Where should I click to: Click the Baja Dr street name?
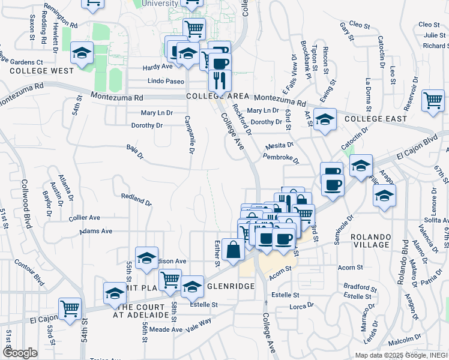coord(135,152)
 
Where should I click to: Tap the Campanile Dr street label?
coord(188,134)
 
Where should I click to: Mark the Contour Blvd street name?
coord(32,271)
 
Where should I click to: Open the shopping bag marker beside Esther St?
coord(233,249)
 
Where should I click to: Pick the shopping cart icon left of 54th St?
coord(70,308)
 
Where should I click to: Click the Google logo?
coord(20,353)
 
